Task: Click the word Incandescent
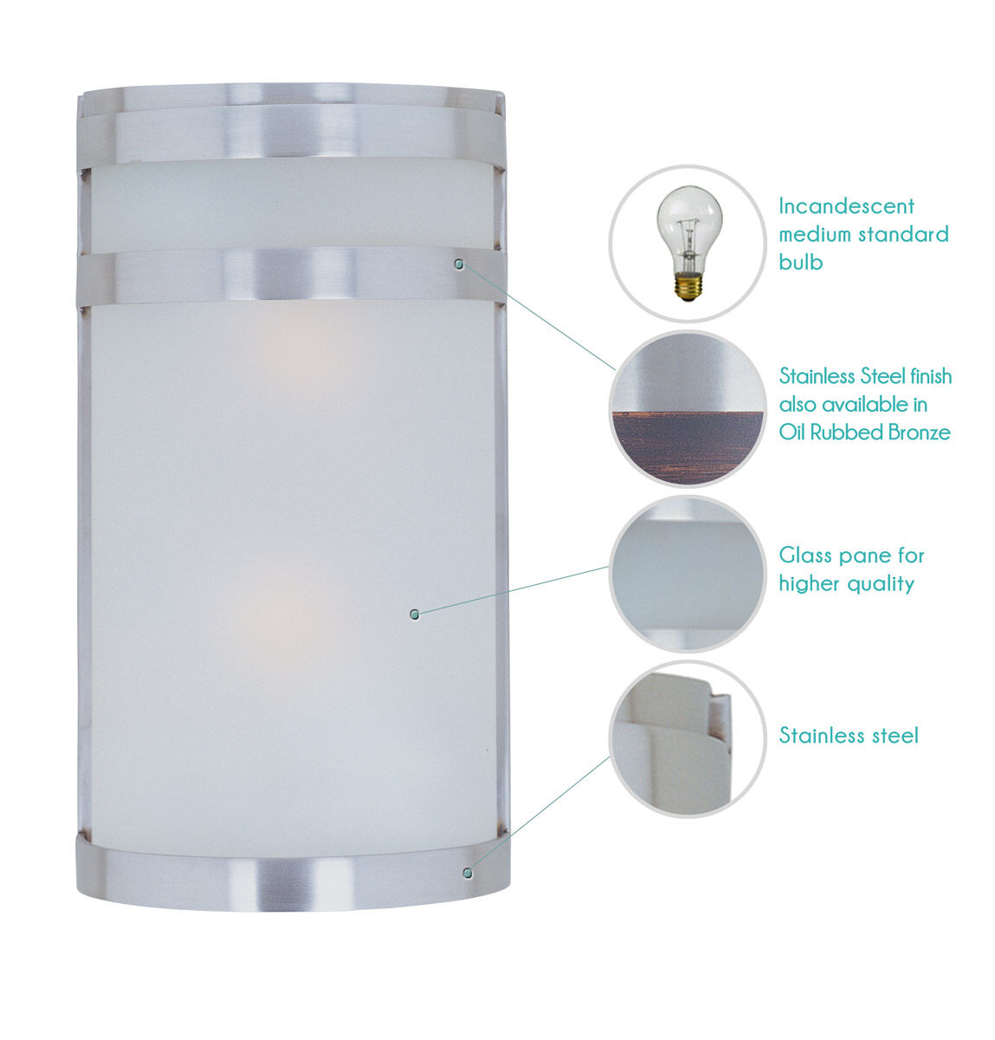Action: (846, 206)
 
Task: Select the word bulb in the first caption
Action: (800, 262)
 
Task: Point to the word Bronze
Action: (917, 432)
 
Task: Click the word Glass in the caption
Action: (805, 556)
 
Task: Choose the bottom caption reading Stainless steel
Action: (848, 736)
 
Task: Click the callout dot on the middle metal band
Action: (459, 263)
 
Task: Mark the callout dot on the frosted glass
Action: (415, 614)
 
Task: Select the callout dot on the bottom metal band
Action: (468, 872)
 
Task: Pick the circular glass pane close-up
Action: (688, 574)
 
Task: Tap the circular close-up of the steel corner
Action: (688, 738)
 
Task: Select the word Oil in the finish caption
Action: (792, 432)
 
